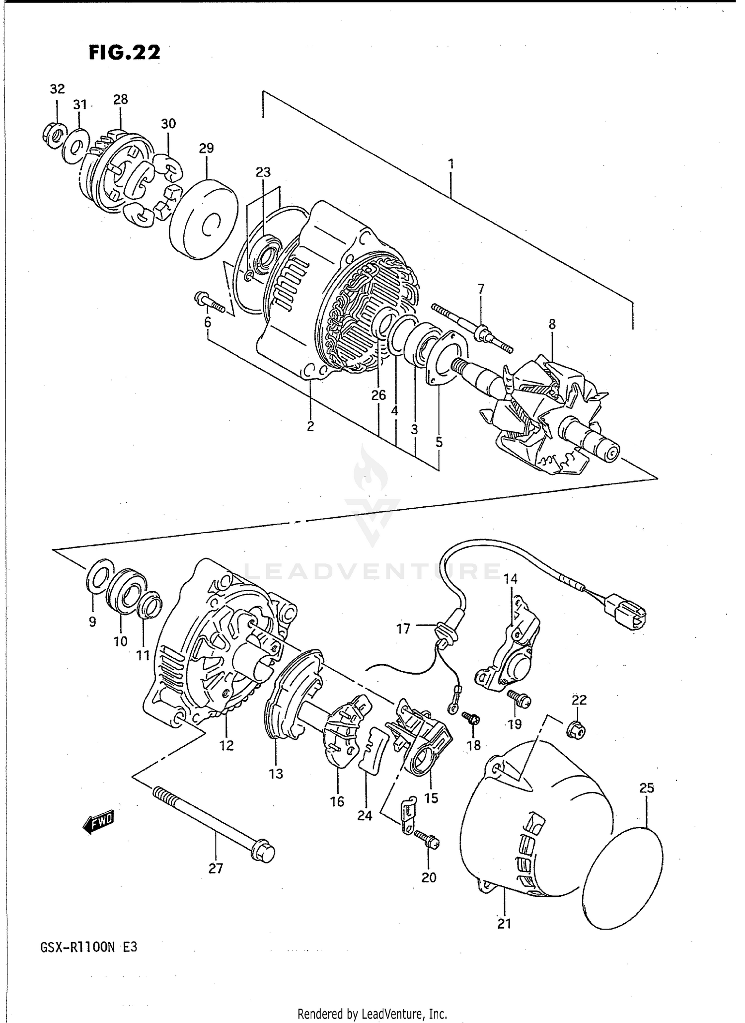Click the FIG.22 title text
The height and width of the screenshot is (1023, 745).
pyautogui.click(x=125, y=52)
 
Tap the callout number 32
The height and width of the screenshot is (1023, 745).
pyautogui.click(x=57, y=89)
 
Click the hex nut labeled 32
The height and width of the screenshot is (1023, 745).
pyautogui.click(x=53, y=133)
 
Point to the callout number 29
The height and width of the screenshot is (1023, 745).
pyautogui.click(x=206, y=148)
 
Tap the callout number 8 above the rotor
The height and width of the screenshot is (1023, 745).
pyautogui.click(x=552, y=324)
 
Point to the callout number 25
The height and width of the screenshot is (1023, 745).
pyautogui.click(x=647, y=788)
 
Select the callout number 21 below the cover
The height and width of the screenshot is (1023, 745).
pyautogui.click(x=504, y=924)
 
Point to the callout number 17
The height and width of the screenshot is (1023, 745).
pyautogui.click(x=403, y=629)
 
